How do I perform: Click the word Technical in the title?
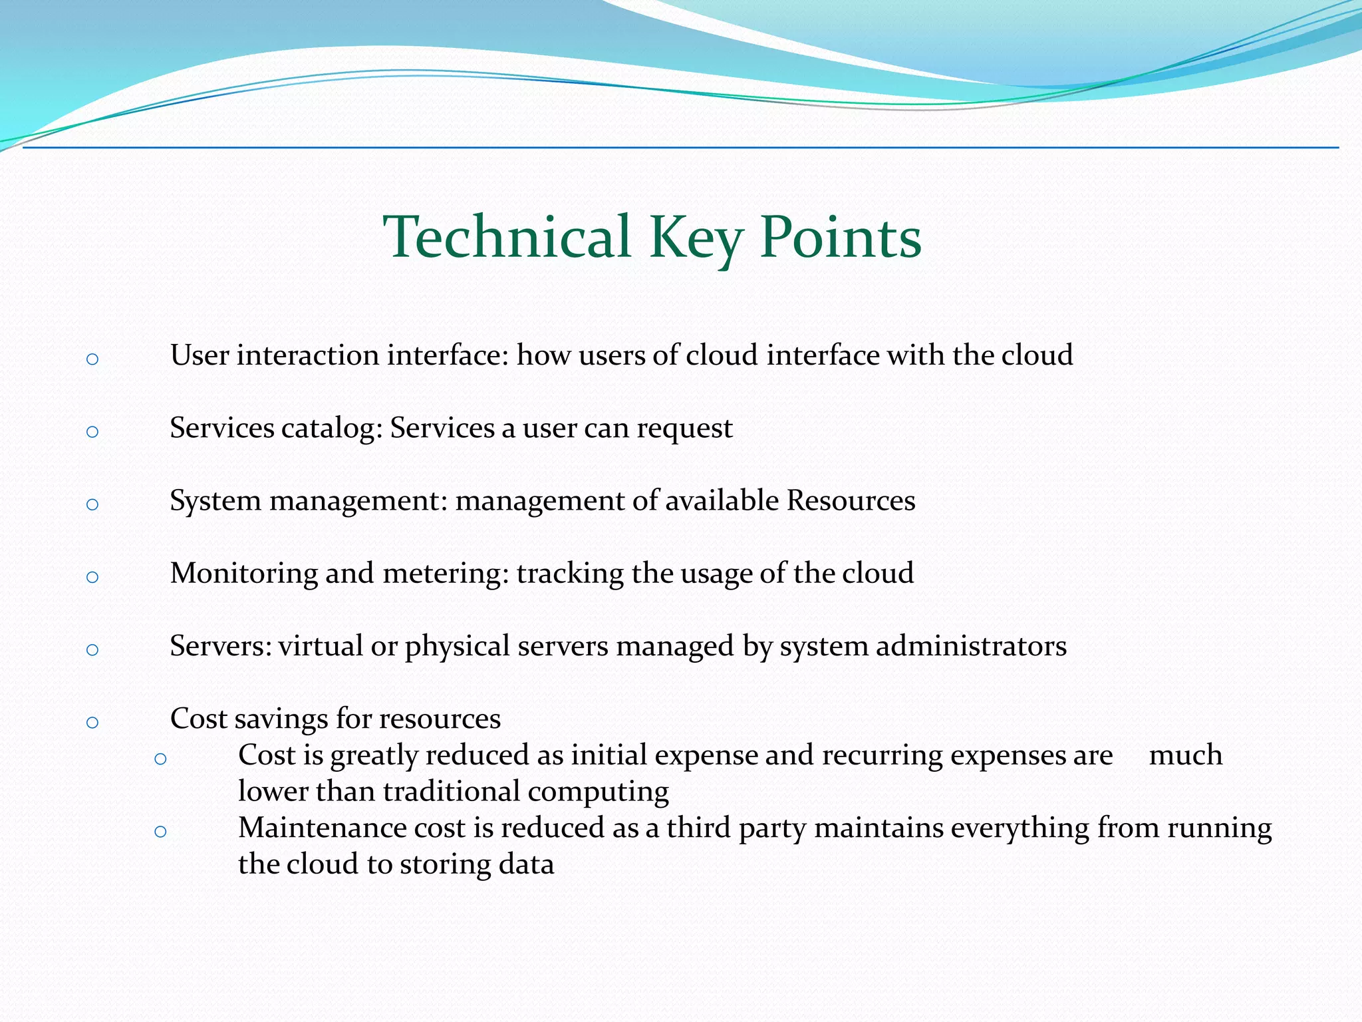pyautogui.click(x=507, y=238)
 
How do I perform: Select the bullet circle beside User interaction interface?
pyautogui.click(x=92, y=360)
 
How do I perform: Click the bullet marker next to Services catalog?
pyautogui.click(x=92, y=432)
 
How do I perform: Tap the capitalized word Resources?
pyautogui.click(x=851, y=500)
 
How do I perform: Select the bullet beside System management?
pyautogui.click(x=92, y=505)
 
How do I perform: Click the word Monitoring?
pyautogui.click(x=243, y=574)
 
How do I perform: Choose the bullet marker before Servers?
pyautogui.click(x=92, y=650)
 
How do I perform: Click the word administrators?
pyautogui.click(x=971, y=646)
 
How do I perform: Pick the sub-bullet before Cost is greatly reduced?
pyautogui.click(x=160, y=759)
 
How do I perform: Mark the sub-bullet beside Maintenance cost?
pyautogui.click(x=160, y=832)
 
